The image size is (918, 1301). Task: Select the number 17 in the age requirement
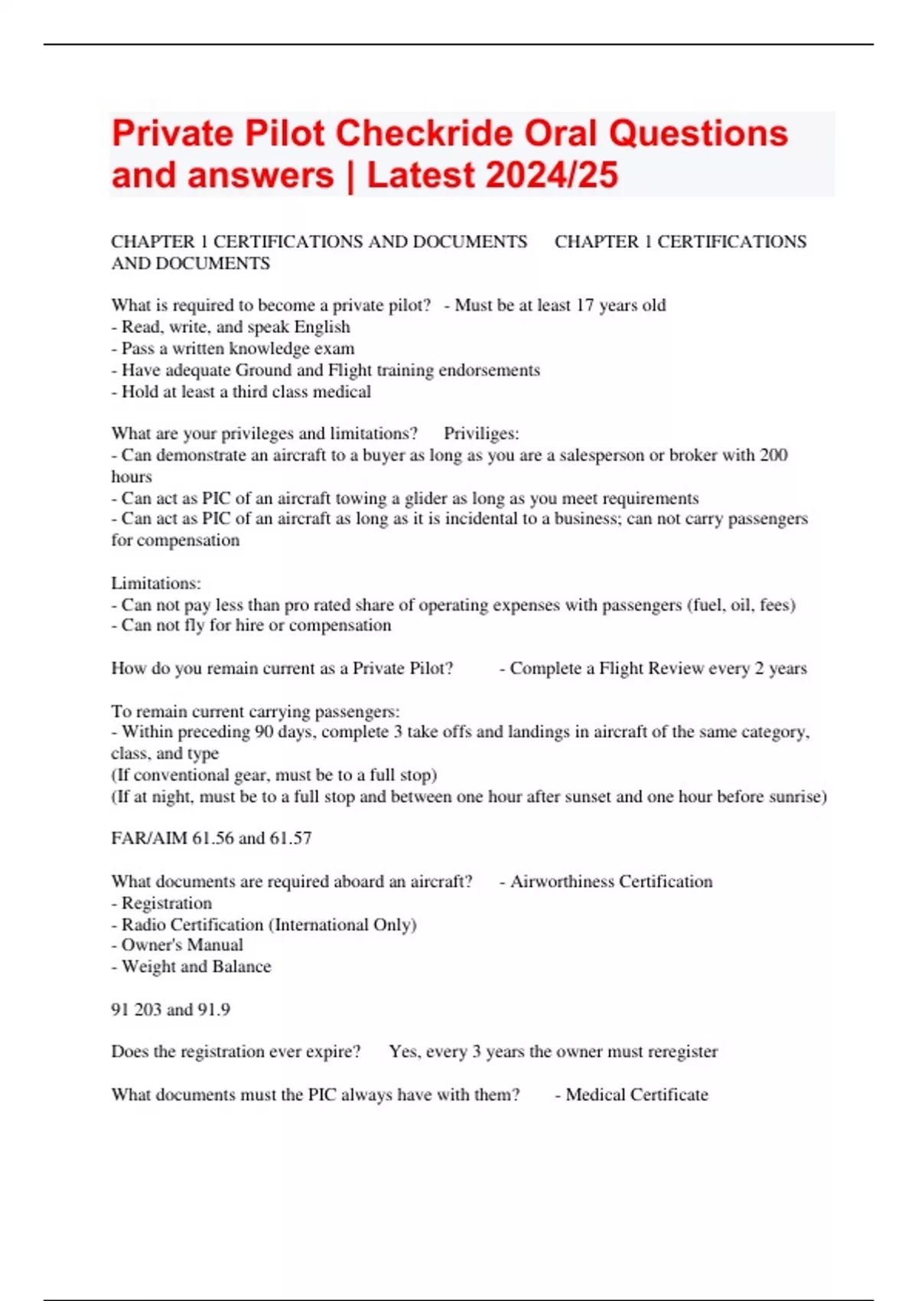pos(584,305)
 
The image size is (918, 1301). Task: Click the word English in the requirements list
pos(322,327)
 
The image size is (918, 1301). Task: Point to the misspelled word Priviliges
pos(481,433)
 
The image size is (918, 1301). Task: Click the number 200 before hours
pos(773,455)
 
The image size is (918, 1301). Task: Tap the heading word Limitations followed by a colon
pos(155,583)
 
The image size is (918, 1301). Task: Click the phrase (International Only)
pos(343,924)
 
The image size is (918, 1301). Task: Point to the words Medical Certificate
pos(636,1094)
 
